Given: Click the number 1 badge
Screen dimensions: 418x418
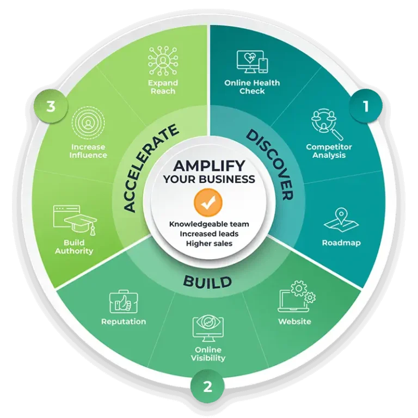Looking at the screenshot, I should click(x=366, y=107).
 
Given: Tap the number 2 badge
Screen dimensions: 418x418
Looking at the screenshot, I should click(x=208, y=386).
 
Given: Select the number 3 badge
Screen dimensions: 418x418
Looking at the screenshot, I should click(x=51, y=107).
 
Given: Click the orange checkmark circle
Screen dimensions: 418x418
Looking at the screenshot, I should click(x=208, y=203).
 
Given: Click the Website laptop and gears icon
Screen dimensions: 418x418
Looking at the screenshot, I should click(x=297, y=297).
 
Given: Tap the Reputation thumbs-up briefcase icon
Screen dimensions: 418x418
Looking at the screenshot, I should click(x=124, y=302).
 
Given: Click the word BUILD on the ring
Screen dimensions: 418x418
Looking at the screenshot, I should click(x=207, y=282).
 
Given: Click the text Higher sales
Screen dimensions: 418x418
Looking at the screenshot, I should click(x=209, y=243).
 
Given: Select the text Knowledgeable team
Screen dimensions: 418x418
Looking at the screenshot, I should click(x=208, y=224).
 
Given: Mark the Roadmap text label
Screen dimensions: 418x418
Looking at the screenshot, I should click(x=341, y=243).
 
